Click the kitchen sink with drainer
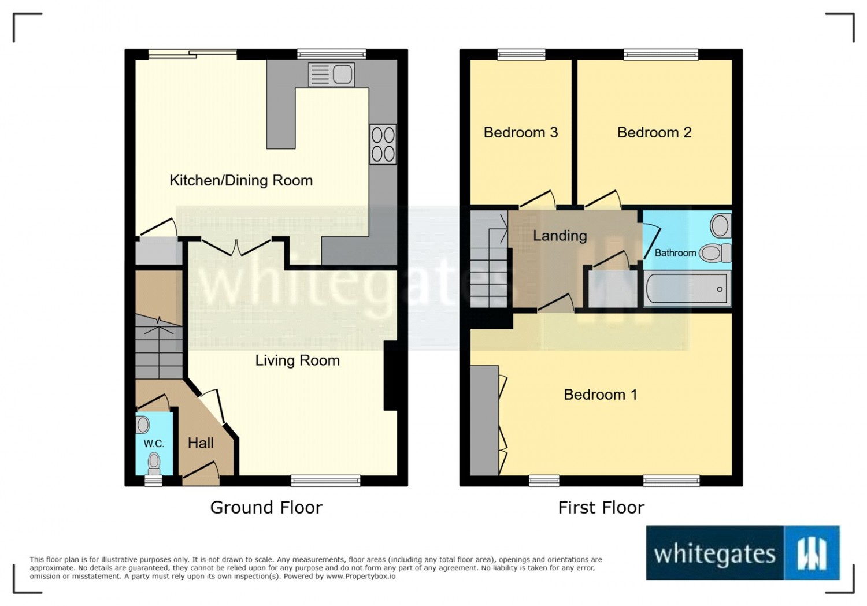pyautogui.click(x=331, y=75)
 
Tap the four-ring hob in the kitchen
pyautogui.click(x=383, y=144)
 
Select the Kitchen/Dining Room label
pyautogui.click(x=241, y=181)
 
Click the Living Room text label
pyautogui.click(x=297, y=360)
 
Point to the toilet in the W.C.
pyautogui.click(x=154, y=464)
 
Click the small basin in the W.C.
pyautogui.click(x=142, y=425)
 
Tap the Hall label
pyautogui.click(x=201, y=443)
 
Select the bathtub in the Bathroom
pyautogui.click(x=687, y=288)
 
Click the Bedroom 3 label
pyautogui.click(x=521, y=132)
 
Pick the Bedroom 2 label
pyautogui.click(x=654, y=132)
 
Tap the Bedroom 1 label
pyautogui.click(x=601, y=395)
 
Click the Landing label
pyautogui.click(x=560, y=236)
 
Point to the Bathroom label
pyautogui.click(x=676, y=253)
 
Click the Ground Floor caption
pyautogui.click(x=266, y=508)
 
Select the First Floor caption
pyautogui.click(x=601, y=508)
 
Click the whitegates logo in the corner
pyautogui.click(x=743, y=553)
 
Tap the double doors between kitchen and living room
pyautogui.click(x=236, y=248)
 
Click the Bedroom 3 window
pyautogui.click(x=521, y=54)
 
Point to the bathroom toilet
pyautogui.click(x=716, y=253)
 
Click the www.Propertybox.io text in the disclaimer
pyautogui.click(x=361, y=576)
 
